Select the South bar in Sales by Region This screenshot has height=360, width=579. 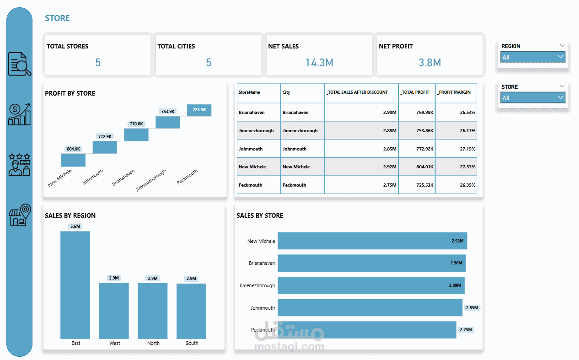[x=191, y=311]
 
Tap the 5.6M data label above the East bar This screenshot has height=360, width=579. [x=75, y=226]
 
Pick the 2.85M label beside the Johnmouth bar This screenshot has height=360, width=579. [x=472, y=308]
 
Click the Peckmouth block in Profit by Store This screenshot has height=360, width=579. [x=199, y=110]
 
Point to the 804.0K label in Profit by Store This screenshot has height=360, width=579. [x=73, y=149]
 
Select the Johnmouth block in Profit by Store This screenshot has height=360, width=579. [x=105, y=147]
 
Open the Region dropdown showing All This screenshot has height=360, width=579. [x=533, y=57]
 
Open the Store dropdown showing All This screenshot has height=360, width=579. [x=533, y=98]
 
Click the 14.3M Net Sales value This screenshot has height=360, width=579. [x=319, y=63]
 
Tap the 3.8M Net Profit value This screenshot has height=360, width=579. [x=430, y=63]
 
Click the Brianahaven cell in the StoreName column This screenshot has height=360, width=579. [x=252, y=113]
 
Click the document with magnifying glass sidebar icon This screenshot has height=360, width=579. [x=20, y=64]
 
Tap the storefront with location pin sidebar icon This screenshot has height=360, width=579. [x=20, y=215]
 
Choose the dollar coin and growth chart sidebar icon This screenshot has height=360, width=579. [x=20, y=114]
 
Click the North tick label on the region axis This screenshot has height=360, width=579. [x=153, y=343]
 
